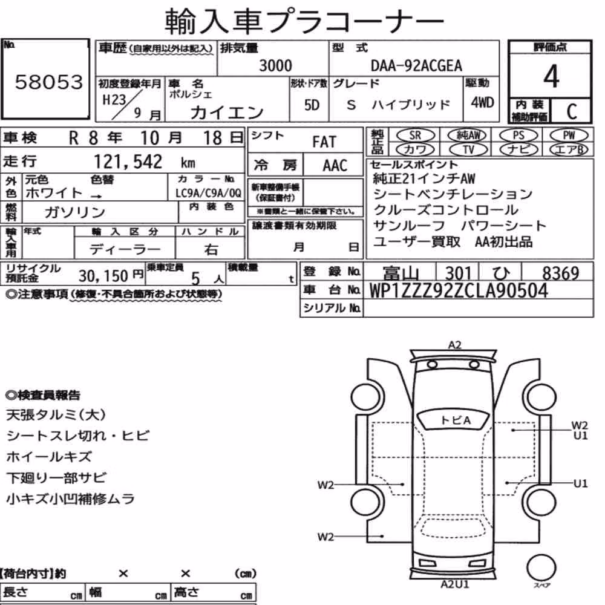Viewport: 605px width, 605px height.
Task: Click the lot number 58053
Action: [x=49, y=82]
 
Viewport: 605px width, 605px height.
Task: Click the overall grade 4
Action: [x=551, y=76]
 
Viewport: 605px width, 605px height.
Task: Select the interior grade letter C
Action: [x=572, y=111]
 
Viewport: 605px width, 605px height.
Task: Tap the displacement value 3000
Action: [x=275, y=65]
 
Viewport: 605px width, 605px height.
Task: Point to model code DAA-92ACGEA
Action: [x=416, y=66]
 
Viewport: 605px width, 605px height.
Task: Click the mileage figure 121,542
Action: [x=128, y=162]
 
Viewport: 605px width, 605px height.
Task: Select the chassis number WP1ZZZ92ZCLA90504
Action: [x=459, y=290]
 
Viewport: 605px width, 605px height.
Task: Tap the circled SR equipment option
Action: [x=416, y=136]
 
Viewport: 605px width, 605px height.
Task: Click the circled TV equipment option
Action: [x=468, y=149]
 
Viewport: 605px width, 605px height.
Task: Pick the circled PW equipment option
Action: [x=569, y=136]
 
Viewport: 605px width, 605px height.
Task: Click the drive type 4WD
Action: [x=482, y=103]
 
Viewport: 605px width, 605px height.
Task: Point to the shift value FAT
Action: [x=324, y=142]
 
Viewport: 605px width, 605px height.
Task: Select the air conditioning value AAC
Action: [x=335, y=166]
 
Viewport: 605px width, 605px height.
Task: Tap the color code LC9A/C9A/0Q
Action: [x=208, y=193]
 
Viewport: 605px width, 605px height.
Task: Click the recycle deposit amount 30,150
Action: [x=103, y=276]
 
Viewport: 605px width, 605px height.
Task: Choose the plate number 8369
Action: [x=561, y=273]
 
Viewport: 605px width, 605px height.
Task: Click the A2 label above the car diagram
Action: [x=454, y=345]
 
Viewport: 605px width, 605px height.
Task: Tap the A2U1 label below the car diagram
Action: [x=455, y=584]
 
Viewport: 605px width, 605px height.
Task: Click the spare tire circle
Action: [x=541, y=567]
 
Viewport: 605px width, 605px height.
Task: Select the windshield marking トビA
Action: [x=456, y=420]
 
